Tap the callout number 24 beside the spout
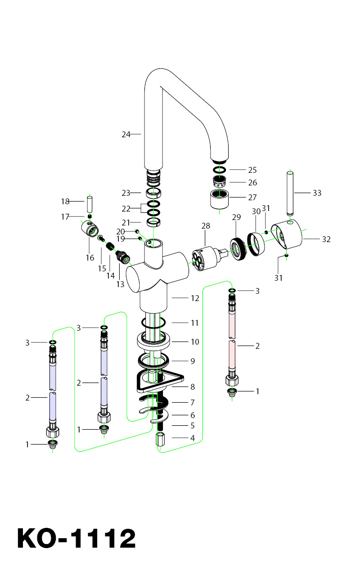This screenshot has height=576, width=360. click(126, 134)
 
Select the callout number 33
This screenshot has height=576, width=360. click(317, 193)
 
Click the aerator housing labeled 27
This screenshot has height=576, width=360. click(220, 199)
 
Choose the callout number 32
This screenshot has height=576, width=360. click(326, 239)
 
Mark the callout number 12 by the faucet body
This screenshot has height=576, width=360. click(195, 298)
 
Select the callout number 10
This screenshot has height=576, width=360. click(195, 342)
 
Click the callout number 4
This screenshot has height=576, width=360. click(193, 437)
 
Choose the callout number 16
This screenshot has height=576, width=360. click(90, 258)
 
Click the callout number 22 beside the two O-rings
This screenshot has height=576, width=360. click(126, 208)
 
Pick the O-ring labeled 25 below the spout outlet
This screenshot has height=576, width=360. click(220, 170)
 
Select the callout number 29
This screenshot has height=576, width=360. click(237, 217)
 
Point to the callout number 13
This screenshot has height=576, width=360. click(120, 284)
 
